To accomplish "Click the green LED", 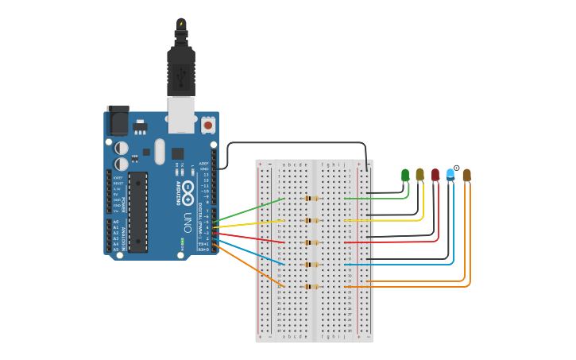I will pyautogui.click(x=405, y=175).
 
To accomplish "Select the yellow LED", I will pyautogui.click(x=420, y=175).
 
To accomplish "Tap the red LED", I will pyautogui.click(x=435, y=175).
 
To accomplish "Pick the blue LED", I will pyautogui.click(x=450, y=175).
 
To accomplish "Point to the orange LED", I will pyautogui.click(x=466, y=175).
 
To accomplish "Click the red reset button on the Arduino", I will pyautogui.click(x=208, y=125).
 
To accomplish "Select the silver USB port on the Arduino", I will pyautogui.click(x=181, y=115).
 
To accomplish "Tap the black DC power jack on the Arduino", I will pyautogui.click(x=118, y=120).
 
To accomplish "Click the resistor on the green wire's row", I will pyautogui.click(x=311, y=198).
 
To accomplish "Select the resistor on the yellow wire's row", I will pyautogui.click(x=311, y=220).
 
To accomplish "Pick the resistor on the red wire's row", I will pyautogui.click(x=311, y=242).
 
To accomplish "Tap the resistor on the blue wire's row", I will pyautogui.click(x=311, y=265).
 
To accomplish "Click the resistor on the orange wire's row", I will pyautogui.click(x=311, y=286).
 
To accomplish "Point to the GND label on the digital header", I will pyautogui.click(x=204, y=168).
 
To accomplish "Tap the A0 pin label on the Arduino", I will pyautogui.click(x=116, y=223).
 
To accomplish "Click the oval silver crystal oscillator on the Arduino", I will pyautogui.click(x=160, y=151).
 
